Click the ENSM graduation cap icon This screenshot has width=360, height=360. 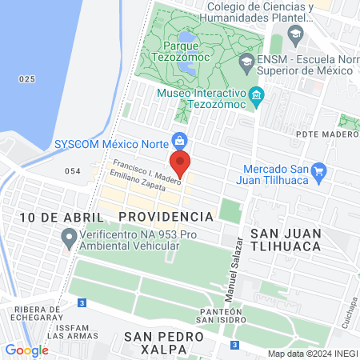tap(247, 61)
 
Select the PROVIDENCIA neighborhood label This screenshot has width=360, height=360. tap(166, 217)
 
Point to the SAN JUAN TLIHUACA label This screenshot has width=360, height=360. tap(286, 238)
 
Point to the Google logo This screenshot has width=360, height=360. tap(26, 350)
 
